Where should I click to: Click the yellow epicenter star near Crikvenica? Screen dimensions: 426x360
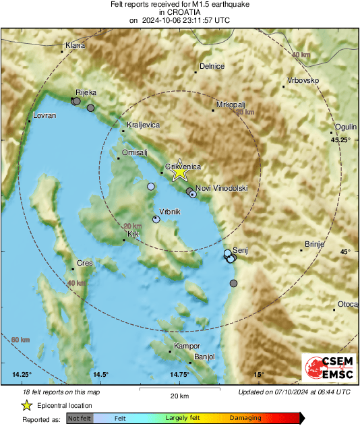[x=179, y=172]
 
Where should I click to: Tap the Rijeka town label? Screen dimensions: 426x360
[x=86, y=92]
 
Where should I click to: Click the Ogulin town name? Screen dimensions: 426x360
[x=346, y=127]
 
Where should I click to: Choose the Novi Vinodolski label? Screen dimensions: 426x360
[x=222, y=188]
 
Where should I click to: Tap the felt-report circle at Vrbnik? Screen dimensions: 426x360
[x=156, y=218]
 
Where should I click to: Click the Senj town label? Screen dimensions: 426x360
[x=240, y=249]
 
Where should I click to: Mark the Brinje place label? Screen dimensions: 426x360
[x=316, y=244]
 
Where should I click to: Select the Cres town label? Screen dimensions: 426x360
[x=84, y=263]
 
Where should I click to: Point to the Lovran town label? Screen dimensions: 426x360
[x=44, y=116]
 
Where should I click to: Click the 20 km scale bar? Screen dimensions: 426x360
[x=179, y=390]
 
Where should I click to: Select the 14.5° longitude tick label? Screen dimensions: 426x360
[x=100, y=374]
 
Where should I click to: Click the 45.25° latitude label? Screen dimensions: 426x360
[x=341, y=140]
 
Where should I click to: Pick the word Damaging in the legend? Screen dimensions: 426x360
[x=245, y=418]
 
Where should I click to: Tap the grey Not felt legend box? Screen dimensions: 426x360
[x=80, y=419]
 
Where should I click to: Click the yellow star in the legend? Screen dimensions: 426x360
[x=26, y=405]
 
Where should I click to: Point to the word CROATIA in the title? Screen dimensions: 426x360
[x=180, y=12]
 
